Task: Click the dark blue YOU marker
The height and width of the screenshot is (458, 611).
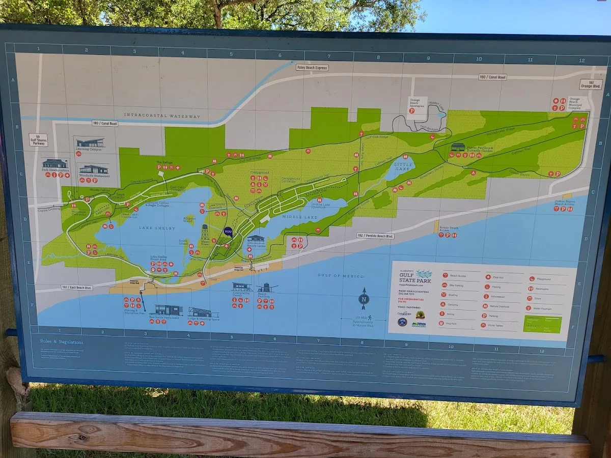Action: pyautogui.click(x=228, y=232)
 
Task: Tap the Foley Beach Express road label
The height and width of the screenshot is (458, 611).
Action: pyautogui.click(x=312, y=67)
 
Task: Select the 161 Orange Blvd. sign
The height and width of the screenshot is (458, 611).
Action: pyautogui.click(x=591, y=84)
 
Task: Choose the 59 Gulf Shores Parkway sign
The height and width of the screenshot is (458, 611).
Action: pyautogui.click(x=38, y=140)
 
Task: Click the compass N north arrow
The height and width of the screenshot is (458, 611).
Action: pyautogui.click(x=364, y=299)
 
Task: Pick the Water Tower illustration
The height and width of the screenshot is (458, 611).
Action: pyautogui.click(x=205, y=234)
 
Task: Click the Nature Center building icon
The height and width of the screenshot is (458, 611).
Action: pyautogui.click(x=256, y=239)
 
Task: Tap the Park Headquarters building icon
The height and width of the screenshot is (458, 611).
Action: pyautogui.click(x=55, y=164)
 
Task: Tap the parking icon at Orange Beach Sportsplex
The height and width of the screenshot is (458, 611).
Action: pyautogui.click(x=412, y=110)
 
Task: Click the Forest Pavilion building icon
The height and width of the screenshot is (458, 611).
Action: pyautogui.click(x=457, y=147)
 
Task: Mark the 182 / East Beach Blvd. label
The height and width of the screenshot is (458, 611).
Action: pyautogui.click(x=76, y=288)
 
